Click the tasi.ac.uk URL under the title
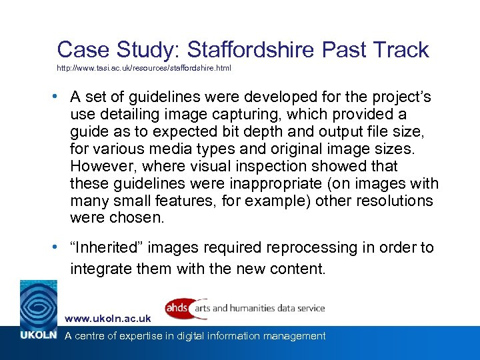pyautogui.click(x=144, y=69)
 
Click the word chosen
pyautogui.click(x=141, y=219)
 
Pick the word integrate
pyautogui.click(x=103, y=269)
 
